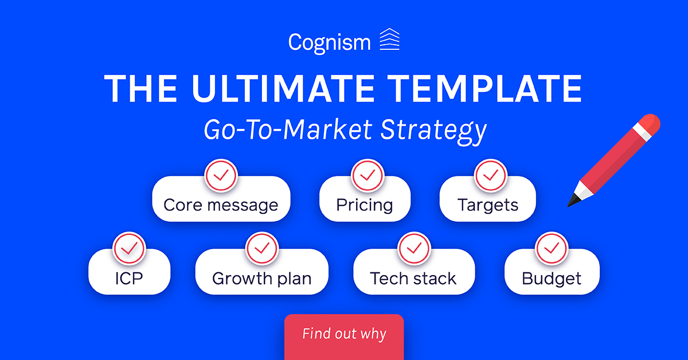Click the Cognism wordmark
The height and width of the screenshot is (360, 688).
pyautogui.click(x=330, y=42)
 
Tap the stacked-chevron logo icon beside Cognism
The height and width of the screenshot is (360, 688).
pyautogui.click(x=389, y=39)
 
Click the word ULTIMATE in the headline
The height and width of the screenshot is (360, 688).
pyautogui.click(x=283, y=89)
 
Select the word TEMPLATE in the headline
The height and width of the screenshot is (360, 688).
pyautogui.click(x=484, y=89)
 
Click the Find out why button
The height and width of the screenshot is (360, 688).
pyautogui.click(x=344, y=337)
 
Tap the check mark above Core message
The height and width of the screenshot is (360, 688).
pyautogui.click(x=221, y=175)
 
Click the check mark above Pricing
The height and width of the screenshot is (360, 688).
pyautogui.click(x=368, y=175)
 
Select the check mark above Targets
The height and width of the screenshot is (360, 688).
pyautogui.click(x=491, y=175)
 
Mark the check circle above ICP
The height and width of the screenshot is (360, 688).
pyautogui.click(x=129, y=248)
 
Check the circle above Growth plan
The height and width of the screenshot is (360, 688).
pyautogui.click(x=262, y=248)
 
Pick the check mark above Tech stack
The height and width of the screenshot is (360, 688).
pyautogui.click(x=414, y=248)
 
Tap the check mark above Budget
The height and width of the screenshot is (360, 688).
pyautogui.click(x=552, y=248)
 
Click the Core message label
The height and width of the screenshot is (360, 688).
pyautogui.click(x=221, y=205)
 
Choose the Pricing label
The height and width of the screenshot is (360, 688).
pyautogui.click(x=365, y=205)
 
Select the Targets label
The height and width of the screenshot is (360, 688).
pyautogui.click(x=488, y=205)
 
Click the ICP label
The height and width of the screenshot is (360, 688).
pyautogui.click(x=129, y=279)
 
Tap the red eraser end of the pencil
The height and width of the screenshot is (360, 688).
pyautogui.click(x=651, y=123)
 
